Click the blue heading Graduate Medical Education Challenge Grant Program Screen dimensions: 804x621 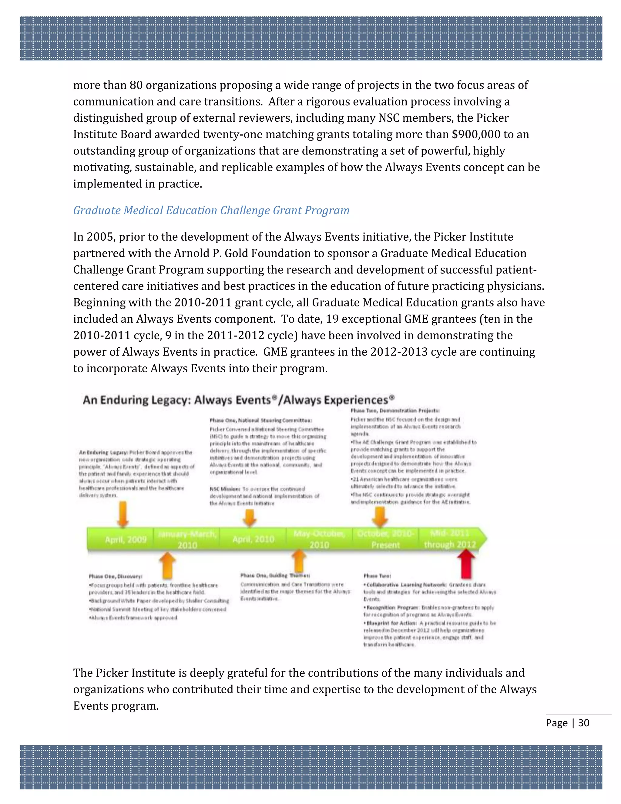pos(211,210)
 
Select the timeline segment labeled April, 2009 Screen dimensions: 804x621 pos(126,540)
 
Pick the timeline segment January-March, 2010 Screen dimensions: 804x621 pos(187,539)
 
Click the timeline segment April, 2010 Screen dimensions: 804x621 pos(253,539)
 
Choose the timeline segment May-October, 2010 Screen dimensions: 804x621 pos(319,539)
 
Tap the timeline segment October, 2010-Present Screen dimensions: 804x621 pos(385,539)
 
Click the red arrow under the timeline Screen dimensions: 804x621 pos(466,564)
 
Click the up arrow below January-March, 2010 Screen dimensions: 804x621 pos(167,565)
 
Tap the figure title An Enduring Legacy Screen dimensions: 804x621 pos(238,400)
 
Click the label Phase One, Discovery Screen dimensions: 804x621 pos(116,576)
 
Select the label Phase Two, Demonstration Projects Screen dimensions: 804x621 pos(395,410)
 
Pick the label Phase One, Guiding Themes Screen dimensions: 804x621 pos(275,575)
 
